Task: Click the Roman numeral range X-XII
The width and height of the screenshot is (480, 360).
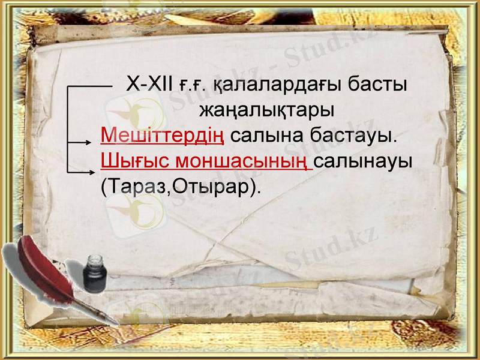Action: [149, 85]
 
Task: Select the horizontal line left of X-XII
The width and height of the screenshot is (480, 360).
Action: [90, 86]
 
